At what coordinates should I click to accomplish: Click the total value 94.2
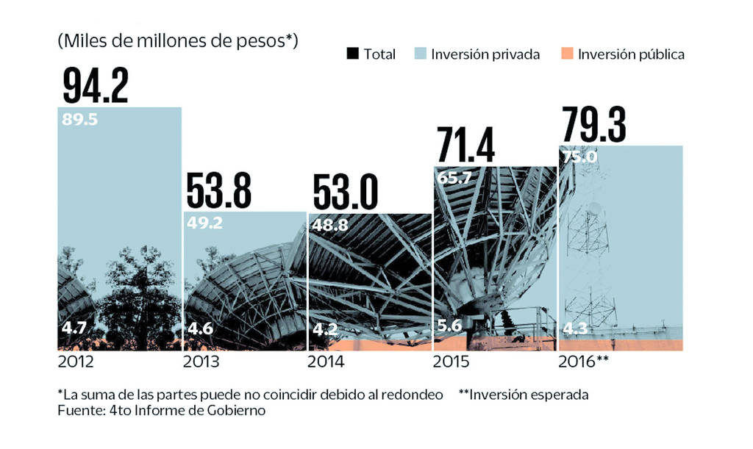[96, 85]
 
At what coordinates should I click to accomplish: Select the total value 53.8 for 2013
[218, 190]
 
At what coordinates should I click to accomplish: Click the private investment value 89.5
[79, 119]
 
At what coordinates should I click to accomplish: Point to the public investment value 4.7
[74, 328]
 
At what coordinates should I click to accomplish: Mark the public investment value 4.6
[201, 328]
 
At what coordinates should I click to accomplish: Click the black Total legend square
[352, 54]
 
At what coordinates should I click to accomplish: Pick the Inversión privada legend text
[485, 54]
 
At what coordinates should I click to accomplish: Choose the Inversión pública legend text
[631, 54]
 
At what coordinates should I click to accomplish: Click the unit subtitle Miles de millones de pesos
[177, 41]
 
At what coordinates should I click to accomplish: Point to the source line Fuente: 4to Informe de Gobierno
[161, 412]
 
